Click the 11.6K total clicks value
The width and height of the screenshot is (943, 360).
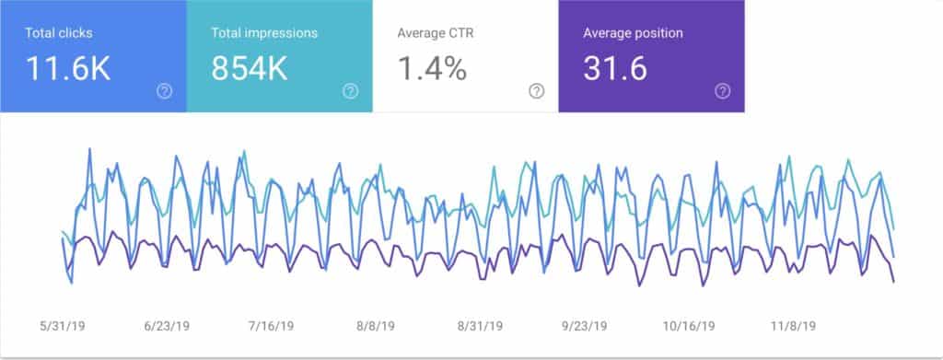[68, 69]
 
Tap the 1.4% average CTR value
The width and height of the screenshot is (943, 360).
[432, 69]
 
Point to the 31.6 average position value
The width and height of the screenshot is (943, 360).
[614, 69]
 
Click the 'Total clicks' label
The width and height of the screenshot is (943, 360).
[58, 33]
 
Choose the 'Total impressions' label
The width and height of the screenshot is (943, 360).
[264, 33]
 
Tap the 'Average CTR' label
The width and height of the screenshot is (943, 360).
[435, 33]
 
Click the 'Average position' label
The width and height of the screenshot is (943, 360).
[633, 33]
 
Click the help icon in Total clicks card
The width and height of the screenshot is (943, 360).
[164, 91]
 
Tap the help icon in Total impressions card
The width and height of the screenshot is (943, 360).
[350, 91]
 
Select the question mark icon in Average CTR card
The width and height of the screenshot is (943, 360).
[536, 91]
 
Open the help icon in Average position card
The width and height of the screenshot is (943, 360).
[723, 91]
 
